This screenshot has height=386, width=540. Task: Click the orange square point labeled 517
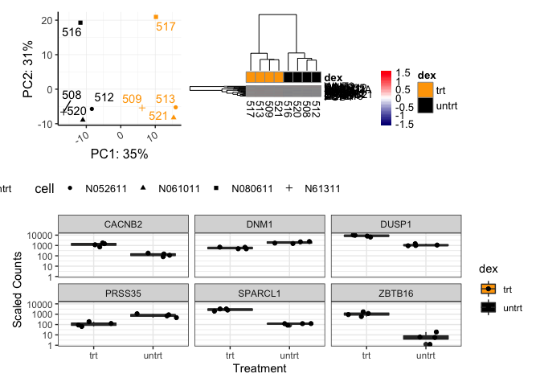point(156,17)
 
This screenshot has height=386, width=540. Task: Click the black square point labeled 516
point(80,23)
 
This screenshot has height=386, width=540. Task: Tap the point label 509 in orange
point(133,99)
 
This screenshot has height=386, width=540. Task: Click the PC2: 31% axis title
point(28,70)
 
